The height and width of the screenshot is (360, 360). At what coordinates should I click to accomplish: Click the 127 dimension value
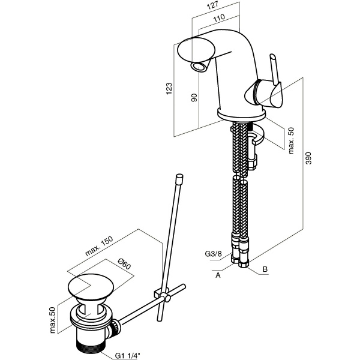[212, 5]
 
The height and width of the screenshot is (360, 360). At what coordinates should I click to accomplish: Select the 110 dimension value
[219, 18]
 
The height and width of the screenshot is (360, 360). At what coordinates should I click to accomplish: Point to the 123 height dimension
[169, 88]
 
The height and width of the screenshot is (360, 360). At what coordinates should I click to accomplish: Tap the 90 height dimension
[194, 98]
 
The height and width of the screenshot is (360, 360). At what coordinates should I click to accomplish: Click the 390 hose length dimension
[309, 158]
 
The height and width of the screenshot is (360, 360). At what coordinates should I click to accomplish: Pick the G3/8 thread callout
[213, 254]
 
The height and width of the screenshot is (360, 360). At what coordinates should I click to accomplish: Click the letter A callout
[218, 275]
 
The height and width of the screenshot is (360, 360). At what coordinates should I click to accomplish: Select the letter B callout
[265, 269]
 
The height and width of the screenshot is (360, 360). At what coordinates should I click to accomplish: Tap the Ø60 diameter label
[124, 263]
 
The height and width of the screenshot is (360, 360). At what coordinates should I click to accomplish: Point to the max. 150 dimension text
[99, 246]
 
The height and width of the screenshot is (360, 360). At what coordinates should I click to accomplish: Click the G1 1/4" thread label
[127, 356]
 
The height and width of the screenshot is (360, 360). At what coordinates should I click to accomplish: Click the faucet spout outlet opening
[199, 67]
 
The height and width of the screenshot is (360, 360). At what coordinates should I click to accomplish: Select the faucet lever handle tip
[272, 56]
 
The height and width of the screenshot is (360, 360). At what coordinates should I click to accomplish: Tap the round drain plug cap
[91, 287]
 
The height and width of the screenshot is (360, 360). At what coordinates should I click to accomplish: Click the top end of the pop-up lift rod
[179, 177]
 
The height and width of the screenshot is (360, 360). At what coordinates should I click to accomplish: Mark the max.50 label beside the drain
[53, 320]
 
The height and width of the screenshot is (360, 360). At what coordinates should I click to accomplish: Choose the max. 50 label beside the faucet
[290, 140]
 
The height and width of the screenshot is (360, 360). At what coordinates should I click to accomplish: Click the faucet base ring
[241, 114]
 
